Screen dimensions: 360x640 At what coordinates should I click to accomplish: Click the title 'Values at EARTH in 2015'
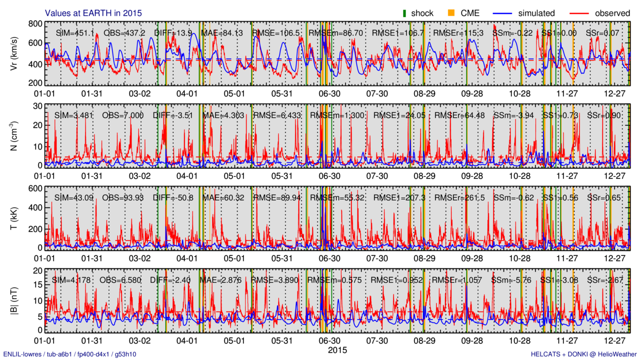(x=93, y=13)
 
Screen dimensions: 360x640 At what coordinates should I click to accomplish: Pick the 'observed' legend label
(x=612, y=13)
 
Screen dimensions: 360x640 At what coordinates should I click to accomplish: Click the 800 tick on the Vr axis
(x=35, y=23)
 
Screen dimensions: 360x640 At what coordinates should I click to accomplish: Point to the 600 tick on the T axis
(x=35, y=188)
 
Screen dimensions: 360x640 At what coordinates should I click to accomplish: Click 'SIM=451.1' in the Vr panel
(x=74, y=33)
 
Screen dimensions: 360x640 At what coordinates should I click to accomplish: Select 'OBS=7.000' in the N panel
(x=123, y=115)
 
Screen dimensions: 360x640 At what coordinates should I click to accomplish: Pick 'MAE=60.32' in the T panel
(x=223, y=198)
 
